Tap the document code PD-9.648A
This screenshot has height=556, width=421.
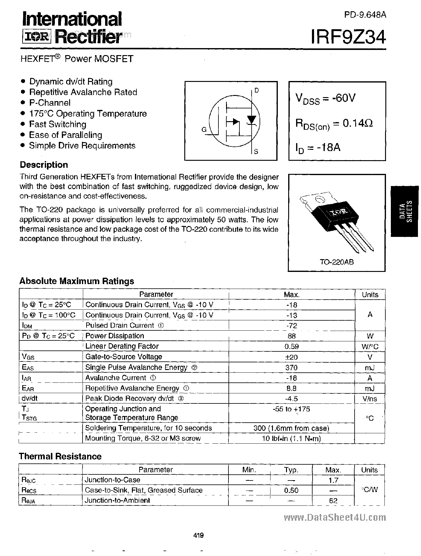(x=365, y=15)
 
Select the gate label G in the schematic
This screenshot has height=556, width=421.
(x=204, y=130)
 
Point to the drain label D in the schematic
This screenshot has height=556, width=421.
(x=256, y=90)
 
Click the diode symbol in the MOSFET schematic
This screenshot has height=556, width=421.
(x=252, y=120)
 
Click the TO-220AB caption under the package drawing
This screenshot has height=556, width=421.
(x=337, y=262)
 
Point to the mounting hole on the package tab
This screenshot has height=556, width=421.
(x=320, y=200)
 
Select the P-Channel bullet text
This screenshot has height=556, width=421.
(x=50, y=103)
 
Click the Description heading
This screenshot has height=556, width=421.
(x=44, y=165)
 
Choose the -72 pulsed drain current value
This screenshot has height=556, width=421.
(x=292, y=326)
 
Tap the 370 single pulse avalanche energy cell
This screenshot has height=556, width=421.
(x=292, y=367)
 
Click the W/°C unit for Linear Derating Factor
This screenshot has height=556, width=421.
(x=370, y=347)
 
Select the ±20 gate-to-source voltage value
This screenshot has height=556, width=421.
(x=292, y=357)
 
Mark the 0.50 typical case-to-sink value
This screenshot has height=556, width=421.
(x=291, y=490)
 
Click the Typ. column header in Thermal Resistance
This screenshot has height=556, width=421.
(x=291, y=470)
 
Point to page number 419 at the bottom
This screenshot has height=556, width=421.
(x=198, y=535)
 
